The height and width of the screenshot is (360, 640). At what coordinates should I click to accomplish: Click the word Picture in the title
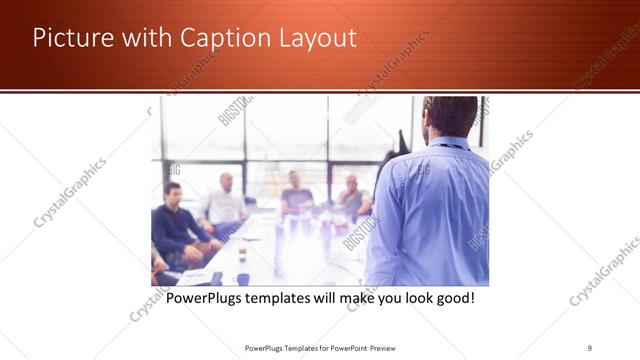coord(69,38)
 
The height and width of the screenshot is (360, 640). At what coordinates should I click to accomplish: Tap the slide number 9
coord(590,348)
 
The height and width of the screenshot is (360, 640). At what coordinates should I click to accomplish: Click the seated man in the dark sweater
coord(176,220)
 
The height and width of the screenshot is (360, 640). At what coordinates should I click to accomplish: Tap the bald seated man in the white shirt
coord(225,200)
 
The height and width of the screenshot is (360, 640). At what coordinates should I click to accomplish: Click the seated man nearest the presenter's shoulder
coord(351,197)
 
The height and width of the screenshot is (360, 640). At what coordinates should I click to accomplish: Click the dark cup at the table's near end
coord(242,279)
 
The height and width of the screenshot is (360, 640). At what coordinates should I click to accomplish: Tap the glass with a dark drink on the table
coord(242,253)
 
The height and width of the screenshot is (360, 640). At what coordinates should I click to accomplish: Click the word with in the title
coord(143,38)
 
